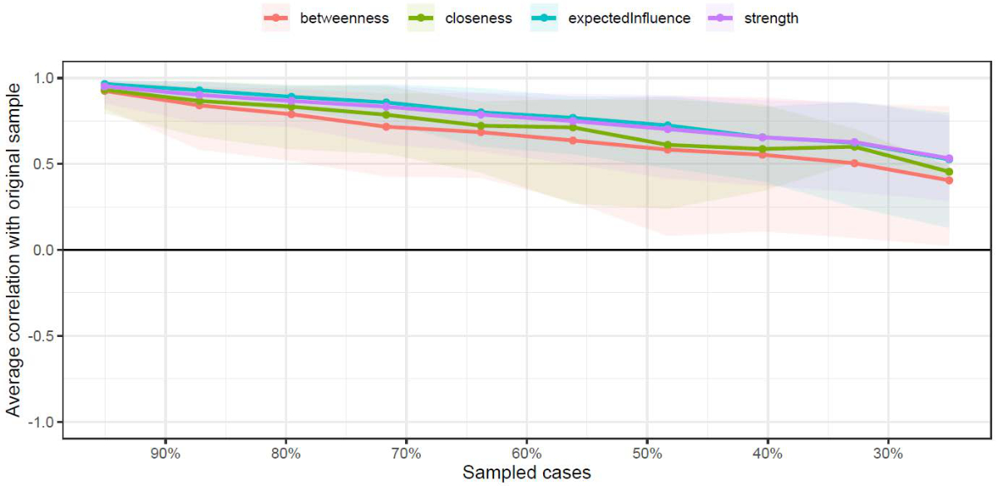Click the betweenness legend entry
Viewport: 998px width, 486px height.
click(x=344, y=18)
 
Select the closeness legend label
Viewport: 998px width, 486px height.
click(x=477, y=18)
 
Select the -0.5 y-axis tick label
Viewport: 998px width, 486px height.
click(x=42, y=336)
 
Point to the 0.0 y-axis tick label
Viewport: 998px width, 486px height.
click(x=46, y=250)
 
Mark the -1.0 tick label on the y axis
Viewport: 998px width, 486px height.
click(x=42, y=422)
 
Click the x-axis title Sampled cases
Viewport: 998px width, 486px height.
click(x=526, y=474)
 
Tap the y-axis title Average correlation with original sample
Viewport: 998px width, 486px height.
click(x=13, y=250)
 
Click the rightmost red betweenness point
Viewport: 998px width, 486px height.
click(x=949, y=181)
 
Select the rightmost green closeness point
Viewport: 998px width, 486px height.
click(x=949, y=172)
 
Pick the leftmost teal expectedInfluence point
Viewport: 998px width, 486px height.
click(x=105, y=84)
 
